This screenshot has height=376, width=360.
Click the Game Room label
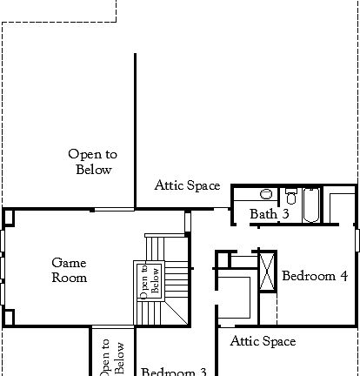(69, 270)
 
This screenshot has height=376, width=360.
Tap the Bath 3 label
(269, 213)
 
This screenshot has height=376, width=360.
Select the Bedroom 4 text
(315, 276)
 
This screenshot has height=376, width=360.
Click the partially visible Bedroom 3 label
(174, 371)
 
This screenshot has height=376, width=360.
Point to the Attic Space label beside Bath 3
(187, 185)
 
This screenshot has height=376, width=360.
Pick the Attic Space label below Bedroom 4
(263, 342)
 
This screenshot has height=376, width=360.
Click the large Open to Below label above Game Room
(93, 162)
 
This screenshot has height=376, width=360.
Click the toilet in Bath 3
(267, 193)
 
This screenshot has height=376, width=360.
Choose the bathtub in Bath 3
(310, 205)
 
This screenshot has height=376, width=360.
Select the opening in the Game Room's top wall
(113, 209)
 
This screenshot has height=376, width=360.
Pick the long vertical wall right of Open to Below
(135, 131)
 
